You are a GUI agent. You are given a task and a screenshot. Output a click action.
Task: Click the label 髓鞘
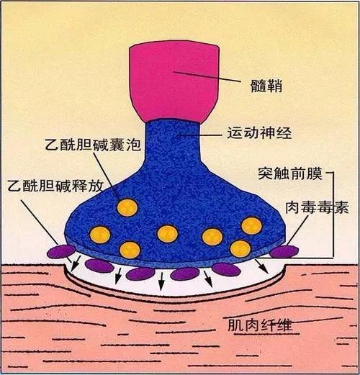point(266,86)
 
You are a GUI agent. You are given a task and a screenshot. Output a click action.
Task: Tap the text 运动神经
point(259,132)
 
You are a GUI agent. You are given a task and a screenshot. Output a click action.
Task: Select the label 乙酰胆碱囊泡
point(93,145)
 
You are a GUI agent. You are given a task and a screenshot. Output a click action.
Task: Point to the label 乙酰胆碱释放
point(55,186)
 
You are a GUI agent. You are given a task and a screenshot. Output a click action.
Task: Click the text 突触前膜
point(290,173)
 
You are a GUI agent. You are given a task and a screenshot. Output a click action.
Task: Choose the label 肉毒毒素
point(317,207)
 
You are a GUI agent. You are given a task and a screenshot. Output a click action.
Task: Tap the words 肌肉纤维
point(260,325)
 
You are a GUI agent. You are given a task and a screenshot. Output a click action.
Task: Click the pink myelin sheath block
point(174,81)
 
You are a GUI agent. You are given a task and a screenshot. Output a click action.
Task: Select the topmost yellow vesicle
point(127,207)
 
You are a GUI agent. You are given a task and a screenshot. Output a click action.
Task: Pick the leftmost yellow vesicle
point(100,234)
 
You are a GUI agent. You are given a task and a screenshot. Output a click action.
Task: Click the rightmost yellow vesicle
point(251,226)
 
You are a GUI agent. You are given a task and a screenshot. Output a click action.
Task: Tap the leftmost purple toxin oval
point(61,251)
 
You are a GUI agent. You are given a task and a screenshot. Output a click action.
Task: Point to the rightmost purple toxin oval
point(284,251)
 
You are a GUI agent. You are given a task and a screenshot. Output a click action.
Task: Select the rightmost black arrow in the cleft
point(261,266)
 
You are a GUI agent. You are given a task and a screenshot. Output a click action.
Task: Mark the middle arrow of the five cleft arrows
point(161,281)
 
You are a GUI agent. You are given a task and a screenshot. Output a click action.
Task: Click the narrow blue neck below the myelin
point(174,142)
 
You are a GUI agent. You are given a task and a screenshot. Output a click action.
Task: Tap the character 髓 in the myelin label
point(258,86)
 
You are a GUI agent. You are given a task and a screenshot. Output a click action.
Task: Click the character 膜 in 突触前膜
point(315,173)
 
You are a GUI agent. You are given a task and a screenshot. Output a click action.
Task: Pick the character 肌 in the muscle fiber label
point(235,325)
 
